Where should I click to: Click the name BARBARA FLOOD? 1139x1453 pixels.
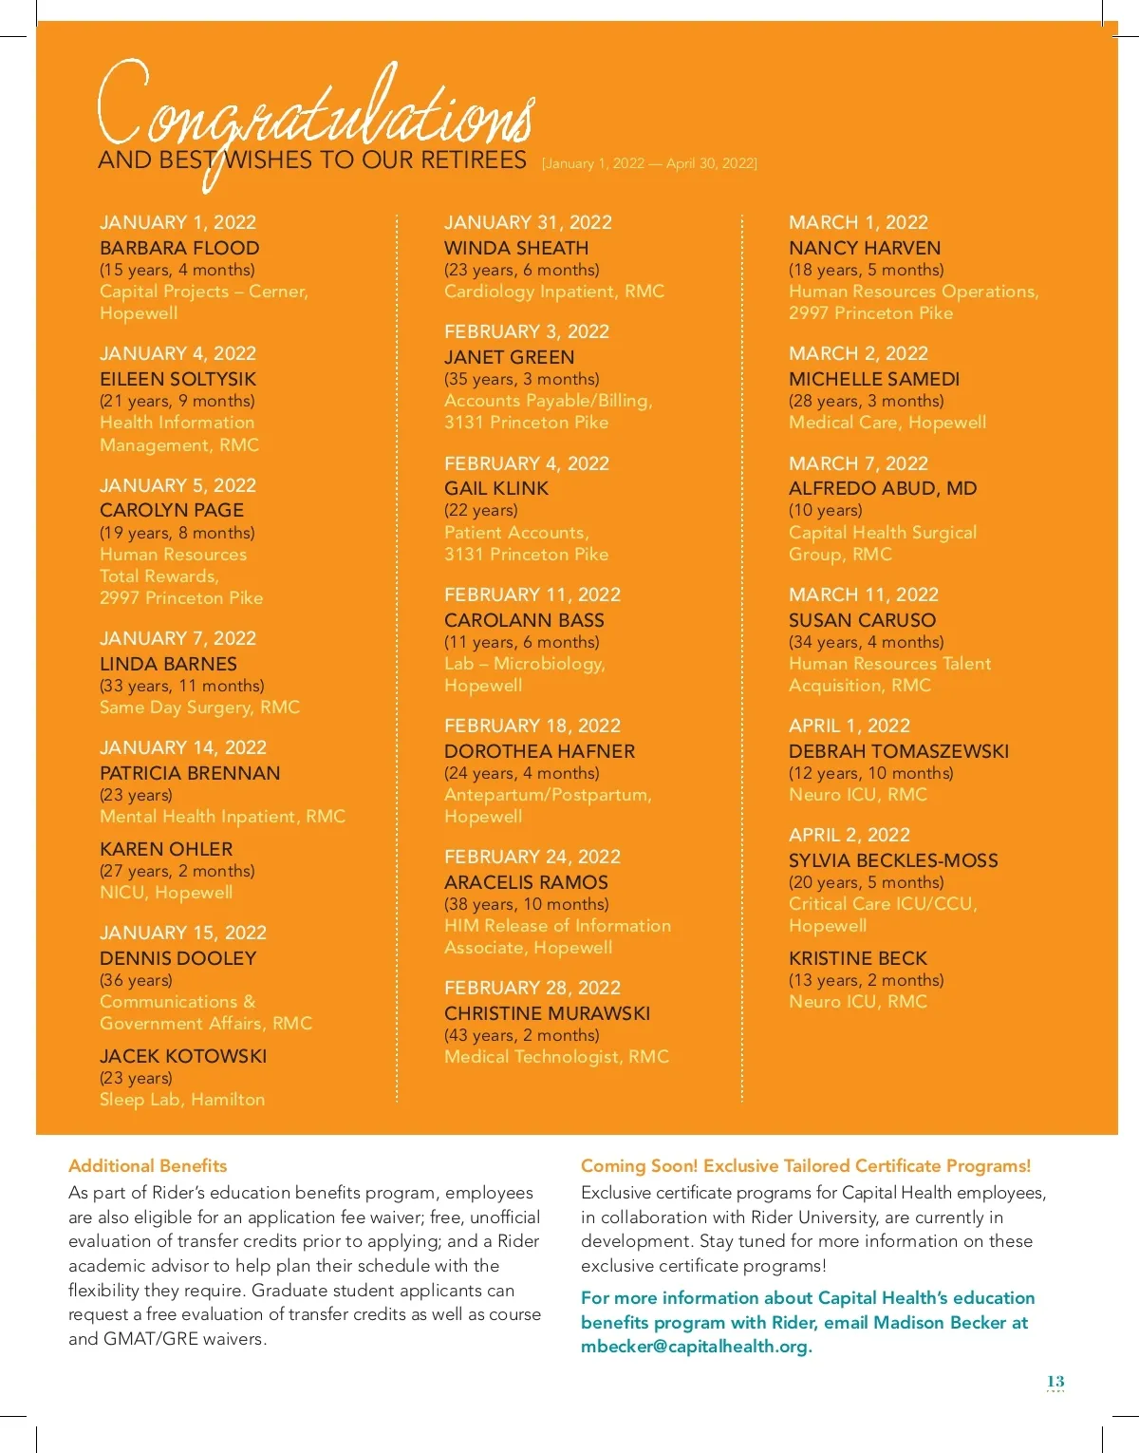(x=179, y=248)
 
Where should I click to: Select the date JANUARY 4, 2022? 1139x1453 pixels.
(x=177, y=353)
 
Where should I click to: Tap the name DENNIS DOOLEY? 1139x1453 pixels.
(x=177, y=958)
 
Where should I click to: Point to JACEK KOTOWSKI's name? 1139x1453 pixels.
(x=183, y=1056)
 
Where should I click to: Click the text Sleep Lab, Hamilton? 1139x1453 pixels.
(x=182, y=1100)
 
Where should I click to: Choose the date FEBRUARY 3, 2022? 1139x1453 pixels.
(x=526, y=331)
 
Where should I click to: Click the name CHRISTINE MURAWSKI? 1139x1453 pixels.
(x=547, y=1013)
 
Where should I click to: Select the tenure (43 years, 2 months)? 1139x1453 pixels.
(x=521, y=1035)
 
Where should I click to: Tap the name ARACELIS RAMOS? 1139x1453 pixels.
(x=526, y=882)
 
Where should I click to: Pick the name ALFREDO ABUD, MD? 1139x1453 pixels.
(x=882, y=488)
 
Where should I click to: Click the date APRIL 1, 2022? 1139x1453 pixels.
(x=849, y=726)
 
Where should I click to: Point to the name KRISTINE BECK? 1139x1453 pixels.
(x=857, y=958)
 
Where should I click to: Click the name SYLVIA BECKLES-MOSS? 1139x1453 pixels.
(x=893, y=860)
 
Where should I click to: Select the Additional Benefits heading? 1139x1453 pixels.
(x=147, y=1165)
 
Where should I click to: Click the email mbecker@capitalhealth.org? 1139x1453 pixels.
(x=696, y=1347)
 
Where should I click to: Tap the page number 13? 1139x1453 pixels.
(x=1055, y=1382)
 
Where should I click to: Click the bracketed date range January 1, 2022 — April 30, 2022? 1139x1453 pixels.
(x=649, y=163)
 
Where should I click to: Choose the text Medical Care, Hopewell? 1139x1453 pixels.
(x=887, y=423)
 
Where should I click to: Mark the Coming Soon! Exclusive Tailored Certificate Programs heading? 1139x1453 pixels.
(x=805, y=1165)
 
